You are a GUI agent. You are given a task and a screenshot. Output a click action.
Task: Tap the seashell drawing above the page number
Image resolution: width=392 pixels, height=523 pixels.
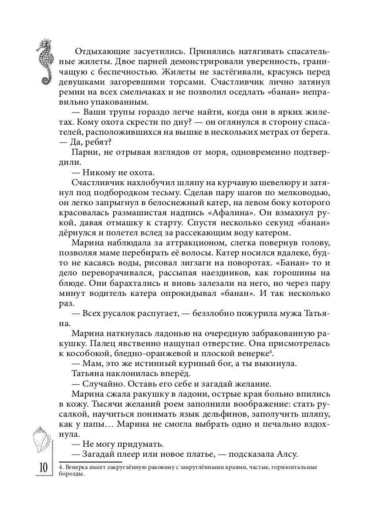42,440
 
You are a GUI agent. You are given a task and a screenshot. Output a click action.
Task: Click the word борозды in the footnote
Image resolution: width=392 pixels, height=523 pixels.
71,475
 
